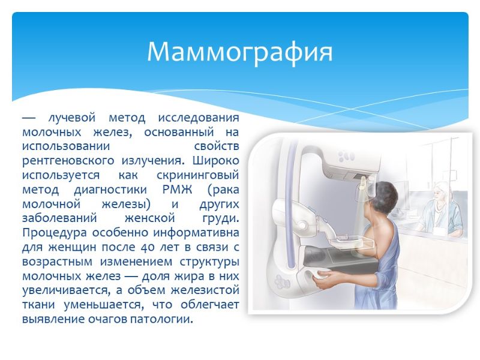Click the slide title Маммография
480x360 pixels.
(x=239, y=52)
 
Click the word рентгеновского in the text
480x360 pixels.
(x=68, y=161)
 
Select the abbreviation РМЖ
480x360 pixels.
(x=177, y=190)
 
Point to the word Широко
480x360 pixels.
(x=216, y=161)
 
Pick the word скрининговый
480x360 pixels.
(x=198, y=176)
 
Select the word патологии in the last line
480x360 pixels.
(x=162, y=320)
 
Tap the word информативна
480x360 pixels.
(x=196, y=233)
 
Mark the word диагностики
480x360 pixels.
(x=110, y=190)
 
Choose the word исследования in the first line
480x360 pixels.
(x=199, y=118)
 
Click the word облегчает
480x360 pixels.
(x=210, y=305)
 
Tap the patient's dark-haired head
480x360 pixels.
(x=385, y=196)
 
